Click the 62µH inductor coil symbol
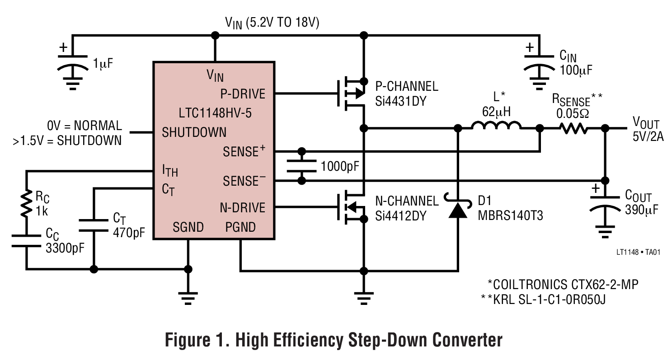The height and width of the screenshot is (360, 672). (496, 126)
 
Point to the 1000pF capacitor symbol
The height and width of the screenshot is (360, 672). (301, 166)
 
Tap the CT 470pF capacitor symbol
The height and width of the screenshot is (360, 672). (94, 226)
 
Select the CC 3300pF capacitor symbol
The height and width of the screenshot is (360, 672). (26, 240)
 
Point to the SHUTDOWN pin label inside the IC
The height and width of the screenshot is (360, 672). (194, 133)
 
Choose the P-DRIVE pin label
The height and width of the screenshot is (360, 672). (242, 94)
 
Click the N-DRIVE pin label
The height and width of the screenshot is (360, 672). (242, 208)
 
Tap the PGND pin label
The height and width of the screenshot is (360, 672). (240, 227)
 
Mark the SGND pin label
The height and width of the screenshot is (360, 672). (188, 227)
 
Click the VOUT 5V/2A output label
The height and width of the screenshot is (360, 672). (647, 129)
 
